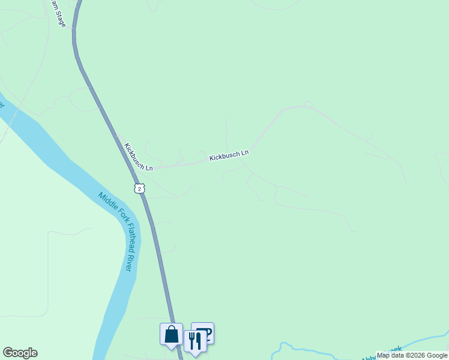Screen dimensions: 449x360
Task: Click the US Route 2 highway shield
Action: click(139, 188)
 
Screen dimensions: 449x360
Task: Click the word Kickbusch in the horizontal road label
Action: click(224, 156)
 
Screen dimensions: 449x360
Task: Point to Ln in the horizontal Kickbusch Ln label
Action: click(244, 153)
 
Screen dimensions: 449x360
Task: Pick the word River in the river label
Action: click(128, 264)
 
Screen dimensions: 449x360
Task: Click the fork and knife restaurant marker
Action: click(194, 341)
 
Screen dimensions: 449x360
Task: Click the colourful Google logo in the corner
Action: click(20, 353)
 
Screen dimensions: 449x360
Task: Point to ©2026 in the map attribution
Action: click(412, 356)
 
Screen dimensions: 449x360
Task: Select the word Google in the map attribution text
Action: click(436, 356)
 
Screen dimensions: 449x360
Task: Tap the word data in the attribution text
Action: click(396, 356)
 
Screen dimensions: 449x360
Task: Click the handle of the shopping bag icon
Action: click(171, 329)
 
